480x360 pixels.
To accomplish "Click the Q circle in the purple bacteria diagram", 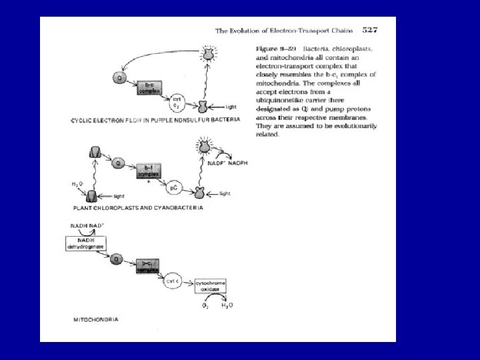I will [119, 79].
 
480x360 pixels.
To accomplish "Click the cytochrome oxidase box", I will [210, 286].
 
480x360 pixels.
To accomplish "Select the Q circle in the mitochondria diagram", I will [116, 259].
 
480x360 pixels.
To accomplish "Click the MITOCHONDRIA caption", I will [96, 319].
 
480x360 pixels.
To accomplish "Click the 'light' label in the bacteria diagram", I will [231, 107].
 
